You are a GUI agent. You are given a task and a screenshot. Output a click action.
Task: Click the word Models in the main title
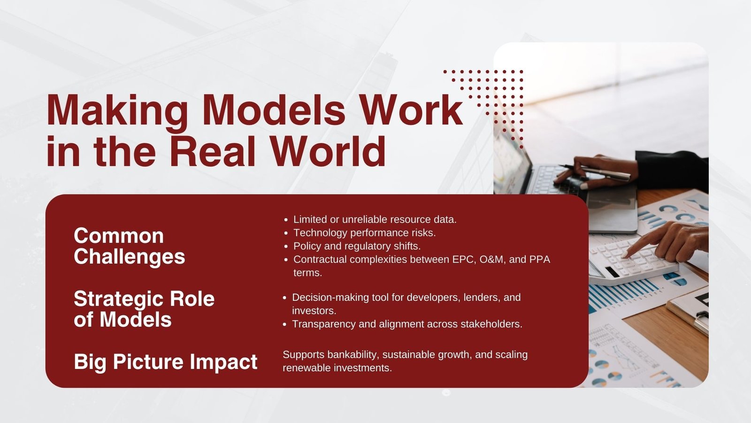point(274,110)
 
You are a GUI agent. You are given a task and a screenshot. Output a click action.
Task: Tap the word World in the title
point(328,151)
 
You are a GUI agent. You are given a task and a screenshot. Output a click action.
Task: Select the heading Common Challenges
point(130,246)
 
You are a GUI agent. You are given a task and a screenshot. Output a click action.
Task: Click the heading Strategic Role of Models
point(144,309)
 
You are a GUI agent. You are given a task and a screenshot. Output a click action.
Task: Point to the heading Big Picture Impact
point(166,362)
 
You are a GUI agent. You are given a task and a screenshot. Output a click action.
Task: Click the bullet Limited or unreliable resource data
point(375,219)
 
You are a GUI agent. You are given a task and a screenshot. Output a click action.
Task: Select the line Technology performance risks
point(364,233)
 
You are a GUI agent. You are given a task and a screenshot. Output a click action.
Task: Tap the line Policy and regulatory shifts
point(357,246)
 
